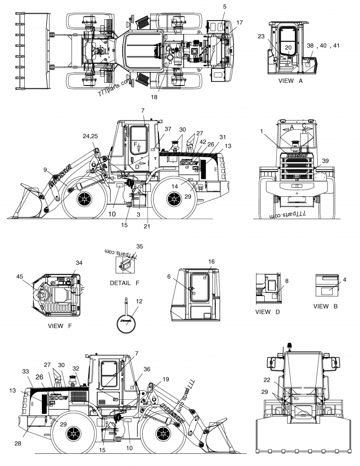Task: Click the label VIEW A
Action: pos(291,81)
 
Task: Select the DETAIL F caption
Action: pos(125,283)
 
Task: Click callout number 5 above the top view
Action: pos(225,6)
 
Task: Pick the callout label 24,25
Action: pos(91,136)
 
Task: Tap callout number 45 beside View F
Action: pos(19,276)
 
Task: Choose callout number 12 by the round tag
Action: pos(139,301)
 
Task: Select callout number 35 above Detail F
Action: pos(139,246)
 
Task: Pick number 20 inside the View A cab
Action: pos(288,47)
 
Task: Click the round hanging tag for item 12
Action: pos(126,321)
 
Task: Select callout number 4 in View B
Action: pos(344,280)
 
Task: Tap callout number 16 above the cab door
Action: pos(211,262)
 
